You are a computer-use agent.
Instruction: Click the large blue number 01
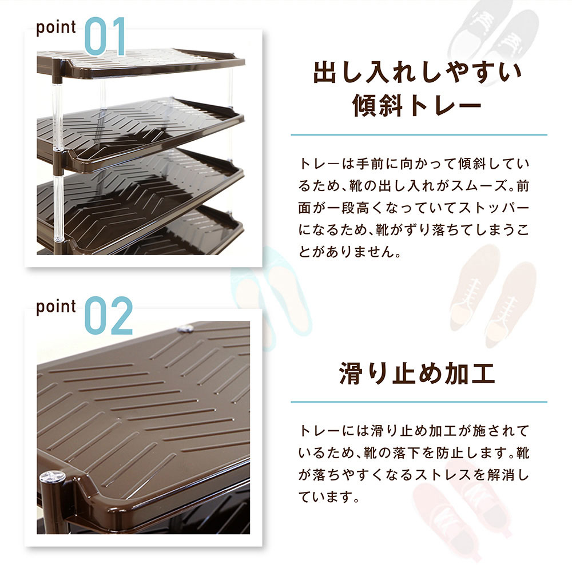point(105,37)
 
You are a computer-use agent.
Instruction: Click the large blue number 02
point(109,316)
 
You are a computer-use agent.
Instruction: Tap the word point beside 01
point(56,27)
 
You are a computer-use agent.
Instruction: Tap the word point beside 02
point(56,307)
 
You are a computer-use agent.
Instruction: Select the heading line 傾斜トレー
point(418,105)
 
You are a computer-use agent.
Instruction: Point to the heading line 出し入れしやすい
point(418,73)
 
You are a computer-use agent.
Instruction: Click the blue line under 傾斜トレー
point(419,135)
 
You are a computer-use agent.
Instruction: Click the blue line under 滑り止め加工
point(419,402)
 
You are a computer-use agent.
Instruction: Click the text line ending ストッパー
point(414,208)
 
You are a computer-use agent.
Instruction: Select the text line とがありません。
point(349,252)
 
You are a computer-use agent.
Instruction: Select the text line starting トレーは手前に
point(414,164)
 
